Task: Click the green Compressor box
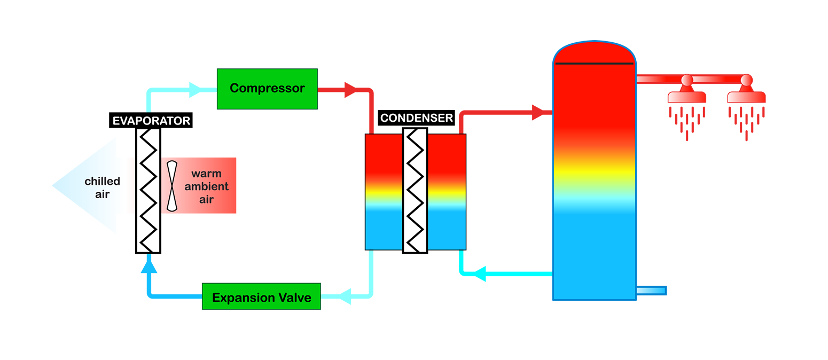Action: pyautogui.click(x=267, y=89)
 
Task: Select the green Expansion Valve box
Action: pyautogui.click(x=261, y=298)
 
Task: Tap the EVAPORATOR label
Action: pyautogui.click(x=151, y=121)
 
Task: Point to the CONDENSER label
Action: pyautogui.click(x=416, y=118)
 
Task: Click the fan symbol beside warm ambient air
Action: pyautogui.click(x=172, y=185)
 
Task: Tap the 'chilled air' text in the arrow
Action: pyautogui.click(x=102, y=187)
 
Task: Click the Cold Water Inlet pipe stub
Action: pyautogui.click(x=652, y=291)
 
